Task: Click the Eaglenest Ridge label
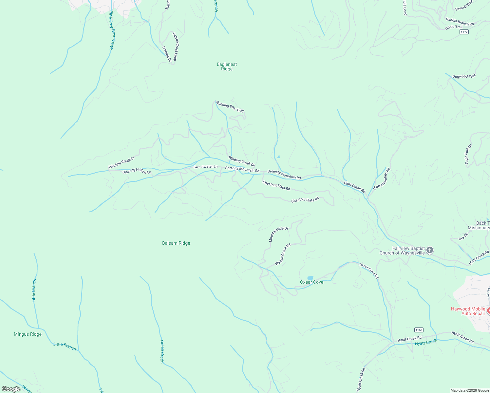point(227,66)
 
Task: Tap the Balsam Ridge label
point(176,243)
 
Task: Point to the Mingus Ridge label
point(28,334)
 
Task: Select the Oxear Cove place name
point(311,282)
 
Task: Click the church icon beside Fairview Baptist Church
point(430,251)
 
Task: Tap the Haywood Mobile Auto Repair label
point(468,311)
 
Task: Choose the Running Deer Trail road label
point(230,107)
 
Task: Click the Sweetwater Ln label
point(205,167)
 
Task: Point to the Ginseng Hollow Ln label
point(137,171)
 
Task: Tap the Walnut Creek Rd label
point(283,254)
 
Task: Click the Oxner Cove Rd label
point(369,271)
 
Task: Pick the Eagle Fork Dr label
point(468,154)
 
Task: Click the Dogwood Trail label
point(464,76)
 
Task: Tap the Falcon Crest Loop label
point(176,47)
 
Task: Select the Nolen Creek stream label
point(161,351)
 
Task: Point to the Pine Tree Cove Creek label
point(112,30)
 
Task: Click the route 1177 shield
point(464,32)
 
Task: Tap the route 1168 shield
point(418,330)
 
